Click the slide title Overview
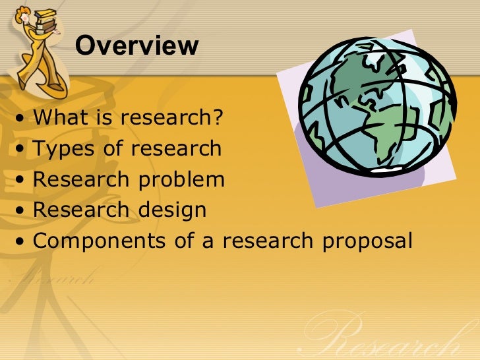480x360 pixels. (x=136, y=45)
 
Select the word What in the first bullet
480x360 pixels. (x=59, y=119)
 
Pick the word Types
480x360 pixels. (x=63, y=148)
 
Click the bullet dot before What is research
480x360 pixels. (x=23, y=121)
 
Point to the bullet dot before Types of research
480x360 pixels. (x=23, y=151)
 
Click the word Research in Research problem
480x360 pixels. (x=82, y=179)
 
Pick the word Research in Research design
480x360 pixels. (x=82, y=210)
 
